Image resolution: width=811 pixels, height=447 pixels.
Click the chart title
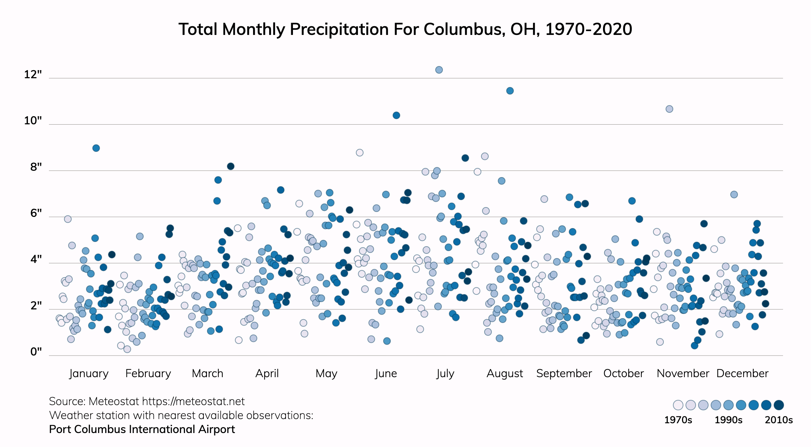(405, 29)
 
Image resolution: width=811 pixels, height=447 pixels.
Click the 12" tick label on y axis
(33, 74)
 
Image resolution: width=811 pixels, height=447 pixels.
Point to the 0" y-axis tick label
(36, 351)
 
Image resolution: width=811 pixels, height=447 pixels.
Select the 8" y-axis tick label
(36, 167)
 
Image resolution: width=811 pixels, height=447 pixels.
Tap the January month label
(89, 373)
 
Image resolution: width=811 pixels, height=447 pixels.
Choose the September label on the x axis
(564, 373)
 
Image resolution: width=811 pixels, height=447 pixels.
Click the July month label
(445, 373)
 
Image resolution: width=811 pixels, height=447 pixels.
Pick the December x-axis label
(742, 373)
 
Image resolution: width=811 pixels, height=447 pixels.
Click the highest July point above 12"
(439, 70)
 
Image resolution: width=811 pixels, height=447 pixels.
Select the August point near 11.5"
(510, 91)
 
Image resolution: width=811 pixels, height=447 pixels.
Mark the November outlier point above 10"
(669, 109)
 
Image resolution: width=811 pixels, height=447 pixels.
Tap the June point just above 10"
(396, 115)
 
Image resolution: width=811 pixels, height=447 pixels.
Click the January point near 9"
(96, 148)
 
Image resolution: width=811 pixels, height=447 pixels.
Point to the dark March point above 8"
(231, 166)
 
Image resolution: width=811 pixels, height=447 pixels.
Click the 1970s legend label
(678, 420)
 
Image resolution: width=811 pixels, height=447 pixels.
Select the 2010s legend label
(778, 420)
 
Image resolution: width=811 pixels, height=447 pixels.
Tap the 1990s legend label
(728, 420)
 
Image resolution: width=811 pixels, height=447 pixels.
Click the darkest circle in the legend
(779, 405)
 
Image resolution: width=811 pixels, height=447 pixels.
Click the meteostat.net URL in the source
(193, 402)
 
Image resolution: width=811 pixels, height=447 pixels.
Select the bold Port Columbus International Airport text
(142, 429)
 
